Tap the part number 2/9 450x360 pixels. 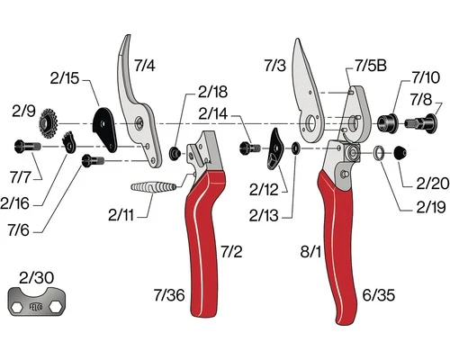(24, 111)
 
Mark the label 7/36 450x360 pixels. (169, 294)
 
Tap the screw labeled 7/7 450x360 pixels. (26, 146)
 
